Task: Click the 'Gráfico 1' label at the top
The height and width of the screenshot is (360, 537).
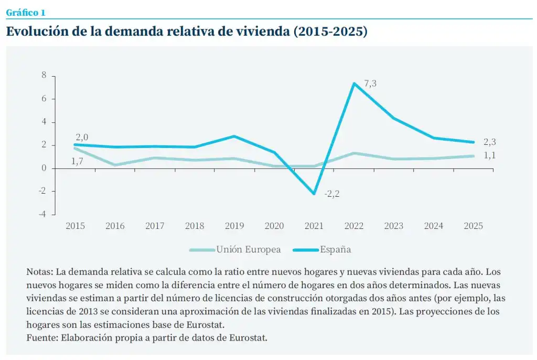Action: [x=25, y=13]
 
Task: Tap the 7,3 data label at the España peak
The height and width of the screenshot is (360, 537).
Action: [x=370, y=83]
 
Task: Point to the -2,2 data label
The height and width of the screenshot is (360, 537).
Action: [x=332, y=194]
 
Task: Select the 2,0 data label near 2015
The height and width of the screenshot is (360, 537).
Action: [x=81, y=137]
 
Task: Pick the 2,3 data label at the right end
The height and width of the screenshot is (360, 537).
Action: [x=489, y=142]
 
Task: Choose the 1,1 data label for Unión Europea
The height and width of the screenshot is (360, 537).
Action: [x=489, y=155]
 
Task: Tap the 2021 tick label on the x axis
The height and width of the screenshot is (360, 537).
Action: [x=314, y=226]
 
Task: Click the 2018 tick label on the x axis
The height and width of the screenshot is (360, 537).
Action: [x=195, y=226]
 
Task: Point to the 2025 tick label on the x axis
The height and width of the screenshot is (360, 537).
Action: [x=474, y=226]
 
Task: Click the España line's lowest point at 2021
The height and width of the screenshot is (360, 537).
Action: [x=314, y=194]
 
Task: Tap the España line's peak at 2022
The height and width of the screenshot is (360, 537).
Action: [x=354, y=83]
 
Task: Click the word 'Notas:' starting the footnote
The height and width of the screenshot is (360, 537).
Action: [x=39, y=272]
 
